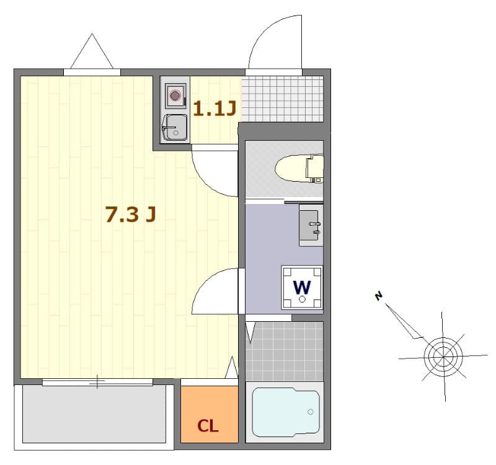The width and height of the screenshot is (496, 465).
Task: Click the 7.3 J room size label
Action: (130, 214)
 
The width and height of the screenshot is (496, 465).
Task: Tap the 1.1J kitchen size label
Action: (215, 109)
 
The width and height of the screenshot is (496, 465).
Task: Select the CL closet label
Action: (208, 426)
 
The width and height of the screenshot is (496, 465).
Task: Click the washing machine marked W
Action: (302, 287)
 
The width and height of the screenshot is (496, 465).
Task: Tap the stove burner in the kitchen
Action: (175, 96)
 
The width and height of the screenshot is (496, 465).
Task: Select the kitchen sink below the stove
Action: (175, 128)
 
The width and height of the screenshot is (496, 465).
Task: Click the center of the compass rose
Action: (443, 356)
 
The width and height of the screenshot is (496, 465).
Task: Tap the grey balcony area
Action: (95, 414)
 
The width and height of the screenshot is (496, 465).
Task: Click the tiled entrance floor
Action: (282, 99)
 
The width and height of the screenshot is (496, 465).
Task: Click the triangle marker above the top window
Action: (92, 53)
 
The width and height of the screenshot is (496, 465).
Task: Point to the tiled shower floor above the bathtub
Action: (285, 351)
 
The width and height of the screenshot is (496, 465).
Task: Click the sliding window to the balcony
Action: (97, 382)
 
